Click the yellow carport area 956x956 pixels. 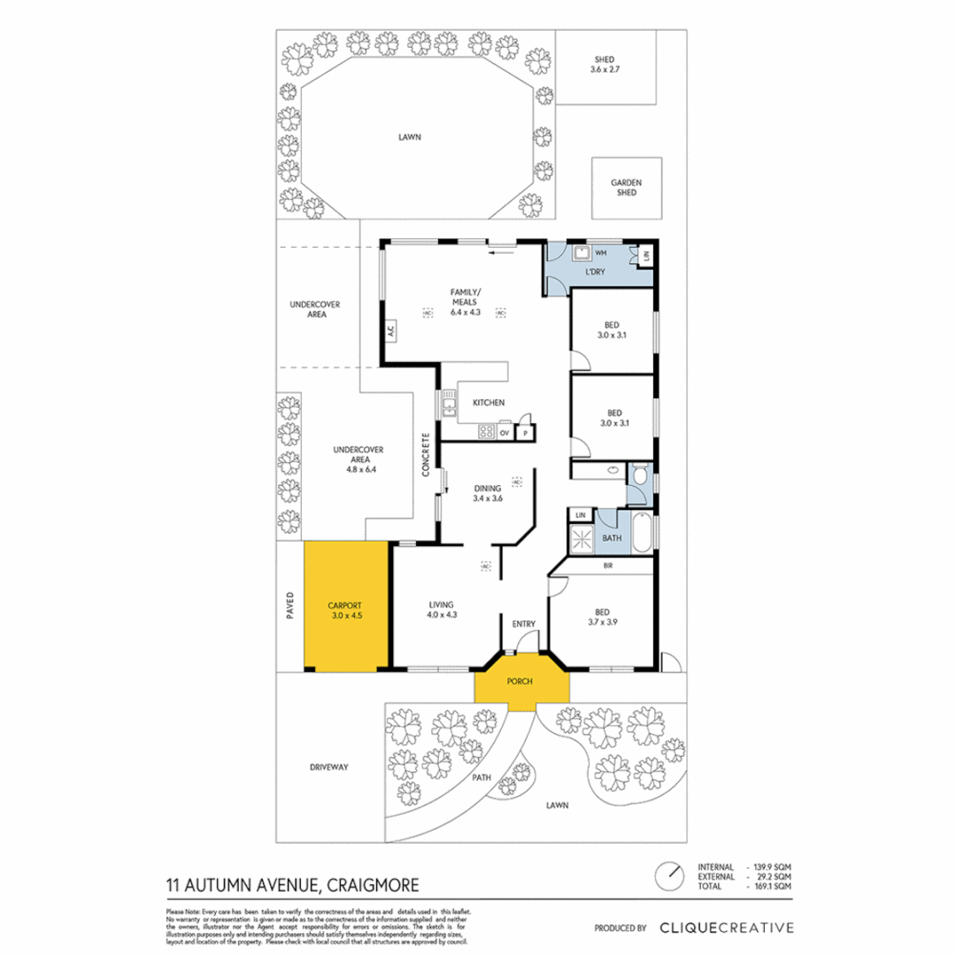(346, 606)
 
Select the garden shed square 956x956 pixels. (626, 189)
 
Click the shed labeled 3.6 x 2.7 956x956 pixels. (605, 66)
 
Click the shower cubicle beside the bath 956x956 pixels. (582, 537)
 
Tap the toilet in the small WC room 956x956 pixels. (640, 477)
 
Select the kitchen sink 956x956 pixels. (449, 406)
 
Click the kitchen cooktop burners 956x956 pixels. (487, 432)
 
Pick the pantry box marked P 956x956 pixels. (525, 433)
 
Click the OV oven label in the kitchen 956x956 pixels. (505, 433)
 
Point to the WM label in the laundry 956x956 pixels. (600, 253)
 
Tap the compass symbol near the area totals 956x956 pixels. (670, 875)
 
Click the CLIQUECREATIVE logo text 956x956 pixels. (725, 928)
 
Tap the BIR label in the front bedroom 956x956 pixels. (608, 565)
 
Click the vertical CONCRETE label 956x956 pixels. (426, 455)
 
